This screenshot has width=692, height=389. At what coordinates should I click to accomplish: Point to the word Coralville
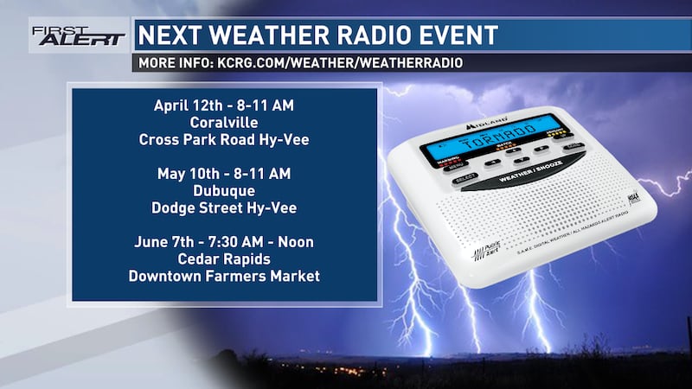click(x=224, y=122)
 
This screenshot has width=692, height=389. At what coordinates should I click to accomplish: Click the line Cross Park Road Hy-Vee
click(x=224, y=139)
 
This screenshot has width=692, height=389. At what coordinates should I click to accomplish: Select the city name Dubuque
click(x=224, y=190)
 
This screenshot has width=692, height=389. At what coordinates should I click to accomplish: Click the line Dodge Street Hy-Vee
click(x=224, y=207)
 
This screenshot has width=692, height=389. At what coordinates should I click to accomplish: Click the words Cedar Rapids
click(x=224, y=258)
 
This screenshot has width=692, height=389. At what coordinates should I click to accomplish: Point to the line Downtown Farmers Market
click(x=224, y=276)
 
